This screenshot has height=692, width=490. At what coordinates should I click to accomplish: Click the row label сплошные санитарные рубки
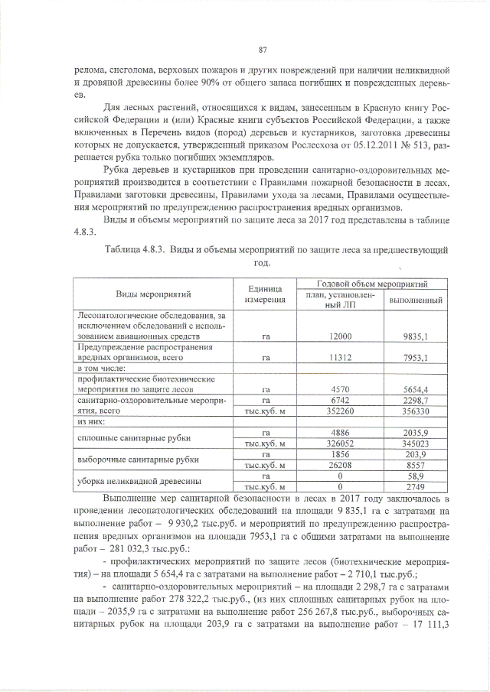pos(127,437)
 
